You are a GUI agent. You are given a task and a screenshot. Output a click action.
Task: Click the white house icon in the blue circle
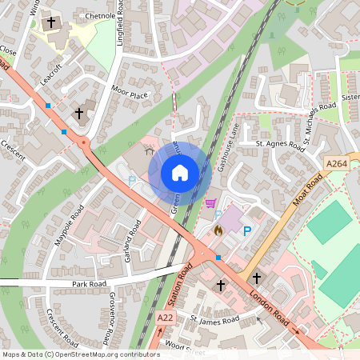(x=180, y=173)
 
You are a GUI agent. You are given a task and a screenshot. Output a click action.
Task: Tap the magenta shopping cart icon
(x=210, y=203)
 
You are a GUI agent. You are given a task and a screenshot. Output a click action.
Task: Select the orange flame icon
(x=218, y=229)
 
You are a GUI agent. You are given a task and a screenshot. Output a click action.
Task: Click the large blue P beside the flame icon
(x=247, y=231)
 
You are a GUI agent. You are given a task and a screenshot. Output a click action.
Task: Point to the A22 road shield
(x=166, y=318)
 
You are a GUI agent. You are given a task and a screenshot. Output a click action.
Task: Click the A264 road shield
(x=337, y=164)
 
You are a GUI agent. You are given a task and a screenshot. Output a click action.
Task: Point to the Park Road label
(x=90, y=284)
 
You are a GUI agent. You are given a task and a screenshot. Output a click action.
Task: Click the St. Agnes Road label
(x=280, y=146)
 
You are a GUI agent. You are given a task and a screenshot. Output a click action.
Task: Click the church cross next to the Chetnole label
(x=52, y=23)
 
